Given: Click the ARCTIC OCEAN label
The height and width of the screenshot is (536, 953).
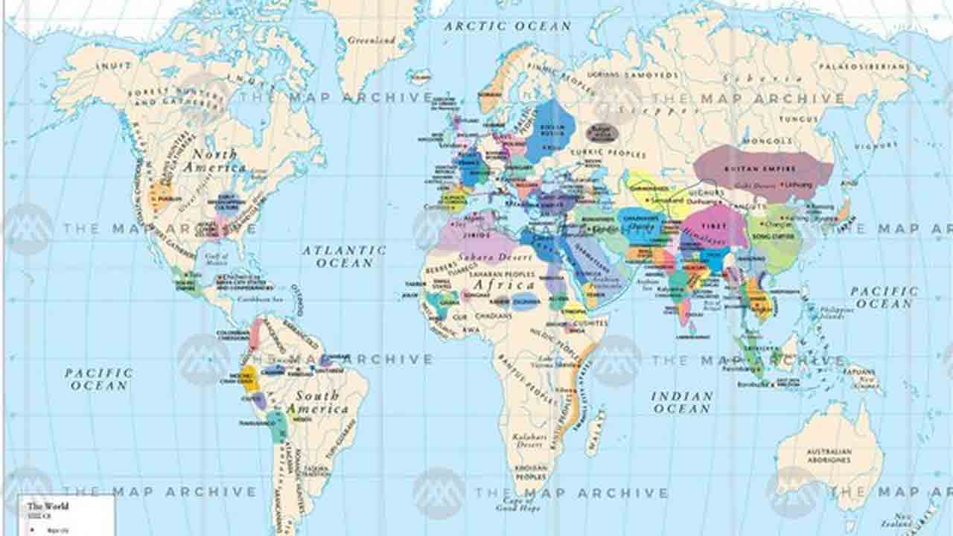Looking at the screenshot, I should pyautogui.click(x=508, y=26).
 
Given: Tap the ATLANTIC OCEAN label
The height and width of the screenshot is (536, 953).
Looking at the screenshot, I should pyautogui.click(x=344, y=257).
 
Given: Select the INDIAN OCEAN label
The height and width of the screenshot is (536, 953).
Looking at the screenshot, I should pyautogui.click(x=682, y=402).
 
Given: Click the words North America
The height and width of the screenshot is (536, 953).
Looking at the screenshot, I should pyautogui.click(x=216, y=161).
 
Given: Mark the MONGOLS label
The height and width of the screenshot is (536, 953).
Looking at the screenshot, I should pyautogui.click(x=767, y=141).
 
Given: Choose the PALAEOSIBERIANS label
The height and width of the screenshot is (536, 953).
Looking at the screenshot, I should pyautogui.click(x=864, y=67).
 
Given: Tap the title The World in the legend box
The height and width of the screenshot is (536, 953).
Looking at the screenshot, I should pyautogui.click(x=48, y=506).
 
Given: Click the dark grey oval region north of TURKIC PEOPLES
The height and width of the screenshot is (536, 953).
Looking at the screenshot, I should pyautogui.click(x=602, y=133).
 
